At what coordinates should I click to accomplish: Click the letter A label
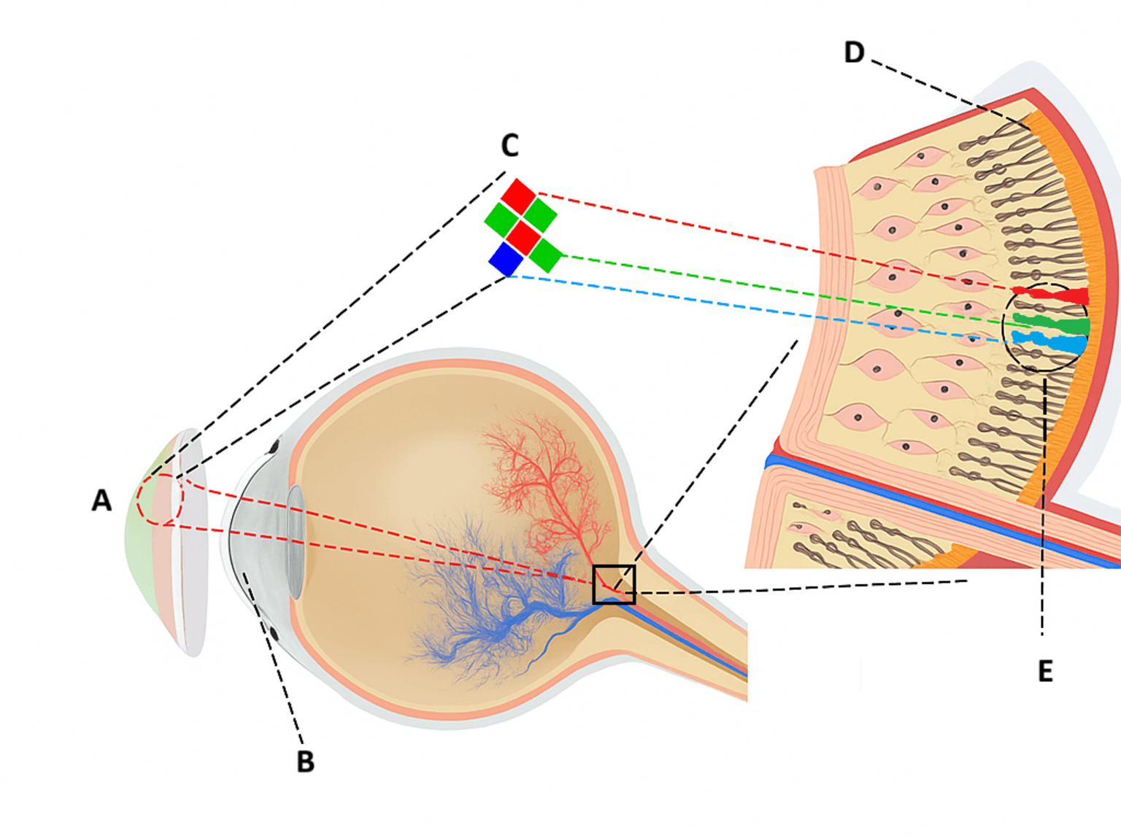point(101,500)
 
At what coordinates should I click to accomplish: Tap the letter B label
point(305,762)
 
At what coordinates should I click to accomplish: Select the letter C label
point(509,145)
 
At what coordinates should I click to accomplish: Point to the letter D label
point(855,53)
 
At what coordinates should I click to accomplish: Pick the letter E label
point(1045,671)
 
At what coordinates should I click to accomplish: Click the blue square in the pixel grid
point(506,260)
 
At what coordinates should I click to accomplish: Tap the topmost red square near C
point(518,196)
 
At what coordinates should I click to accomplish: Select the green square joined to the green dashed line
point(545,255)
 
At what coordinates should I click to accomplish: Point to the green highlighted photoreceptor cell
point(1051,324)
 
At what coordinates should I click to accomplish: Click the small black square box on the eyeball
point(614,584)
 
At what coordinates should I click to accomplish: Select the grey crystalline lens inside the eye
point(296,541)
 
